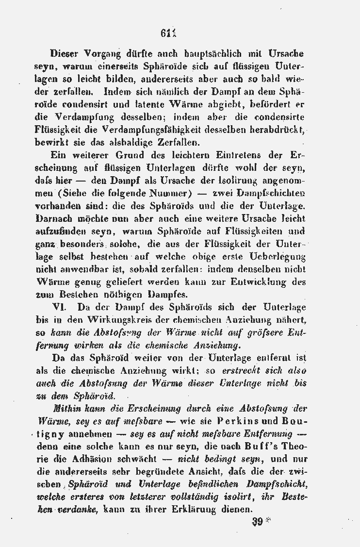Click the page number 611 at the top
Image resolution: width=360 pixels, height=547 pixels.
coord(167,34)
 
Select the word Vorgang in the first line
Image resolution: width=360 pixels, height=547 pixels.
coord(100,53)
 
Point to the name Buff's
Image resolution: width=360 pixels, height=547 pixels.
coord(263,446)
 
